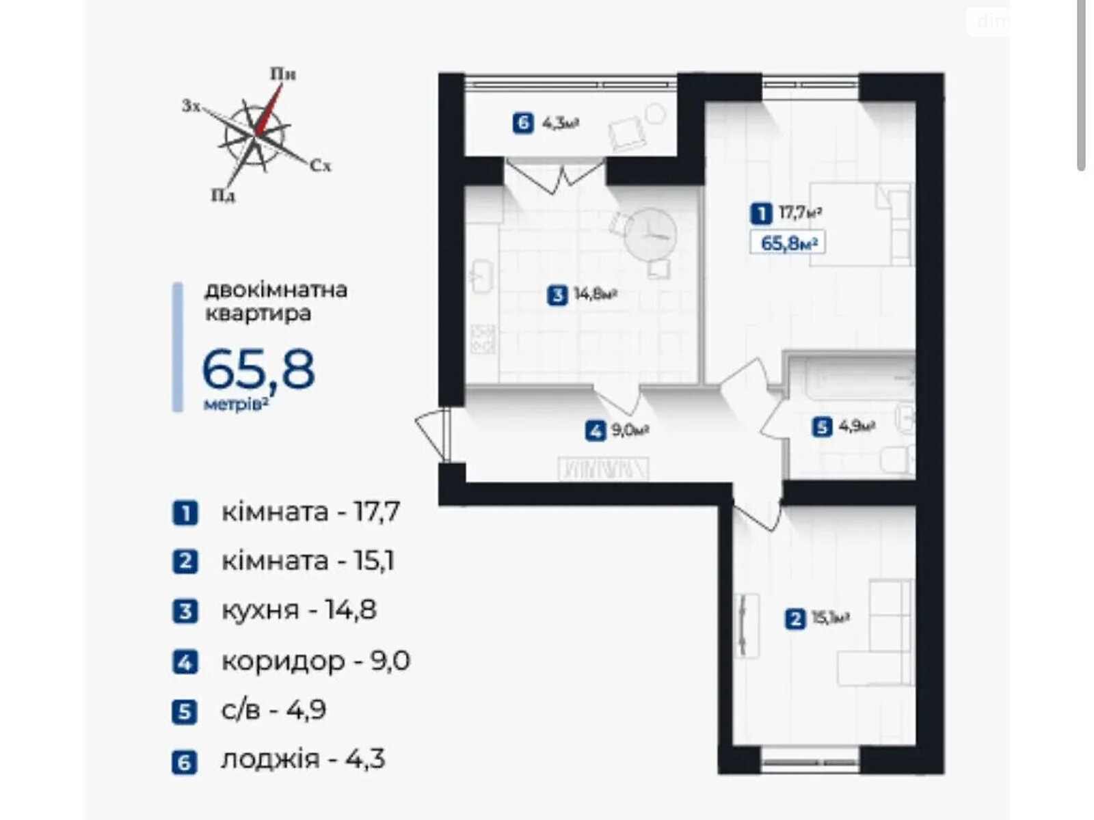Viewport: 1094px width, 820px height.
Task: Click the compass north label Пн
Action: coord(282,74)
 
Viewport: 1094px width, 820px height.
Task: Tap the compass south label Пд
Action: coord(223,196)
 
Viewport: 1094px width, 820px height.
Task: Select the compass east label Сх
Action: coord(320,166)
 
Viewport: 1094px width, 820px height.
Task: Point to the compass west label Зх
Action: coord(191,106)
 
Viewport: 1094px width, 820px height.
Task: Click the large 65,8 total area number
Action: coord(258,370)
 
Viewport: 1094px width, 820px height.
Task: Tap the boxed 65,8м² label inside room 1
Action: coord(788,243)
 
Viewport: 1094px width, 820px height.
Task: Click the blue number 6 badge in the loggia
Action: coord(523,124)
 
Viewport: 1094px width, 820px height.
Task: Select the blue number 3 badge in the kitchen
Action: coord(558,295)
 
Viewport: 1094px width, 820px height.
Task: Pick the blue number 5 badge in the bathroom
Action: coord(821,427)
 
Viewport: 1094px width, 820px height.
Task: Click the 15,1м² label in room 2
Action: coord(830,618)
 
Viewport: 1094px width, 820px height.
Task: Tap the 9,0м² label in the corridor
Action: coord(630,430)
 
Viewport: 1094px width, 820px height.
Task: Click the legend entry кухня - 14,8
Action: coord(299,610)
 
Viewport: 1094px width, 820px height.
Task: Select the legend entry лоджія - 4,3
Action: coord(303,759)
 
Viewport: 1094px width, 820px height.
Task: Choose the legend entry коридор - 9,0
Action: coord(315,661)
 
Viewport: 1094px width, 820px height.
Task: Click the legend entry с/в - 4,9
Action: coord(273,710)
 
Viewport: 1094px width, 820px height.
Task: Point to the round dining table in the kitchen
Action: coord(650,233)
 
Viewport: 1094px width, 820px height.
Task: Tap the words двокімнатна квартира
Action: coord(276,301)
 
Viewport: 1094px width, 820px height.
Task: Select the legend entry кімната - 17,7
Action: coord(310,512)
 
